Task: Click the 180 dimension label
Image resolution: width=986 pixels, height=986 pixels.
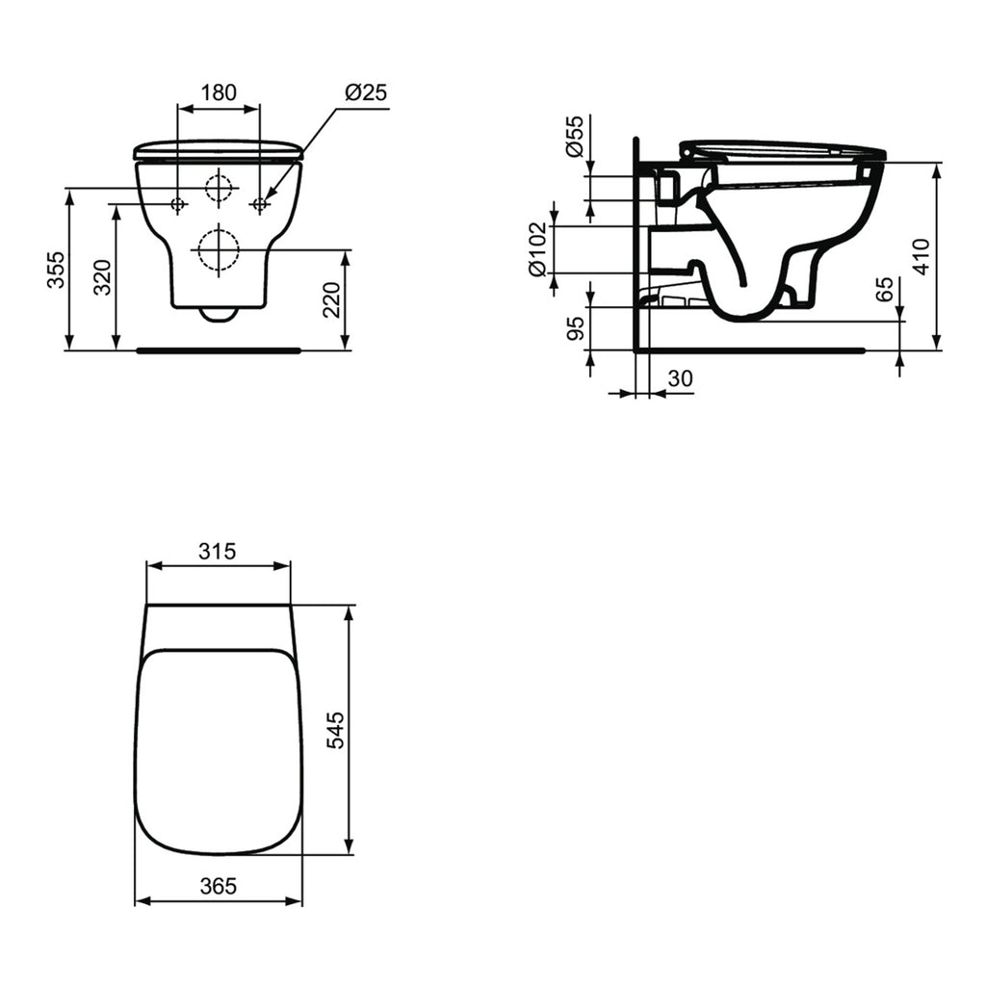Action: coord(219,92)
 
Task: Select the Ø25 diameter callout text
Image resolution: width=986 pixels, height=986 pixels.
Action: coord(365,92)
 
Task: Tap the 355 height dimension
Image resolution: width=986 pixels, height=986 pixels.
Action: coord(56,271)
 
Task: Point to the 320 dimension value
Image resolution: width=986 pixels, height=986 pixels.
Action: coord(103,277)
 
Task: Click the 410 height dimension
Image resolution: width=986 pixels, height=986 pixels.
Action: coord(922,257)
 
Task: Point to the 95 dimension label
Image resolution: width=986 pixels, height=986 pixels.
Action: coord(575,328)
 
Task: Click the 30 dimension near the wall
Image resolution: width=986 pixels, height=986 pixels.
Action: coord(680,378)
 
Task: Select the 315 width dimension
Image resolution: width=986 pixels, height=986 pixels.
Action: coord(219,552)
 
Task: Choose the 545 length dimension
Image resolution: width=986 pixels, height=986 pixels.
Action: coord(334,730)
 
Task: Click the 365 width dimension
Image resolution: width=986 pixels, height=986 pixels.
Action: coord(219,886)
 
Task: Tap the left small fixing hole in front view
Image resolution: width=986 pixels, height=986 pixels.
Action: coord(178,204)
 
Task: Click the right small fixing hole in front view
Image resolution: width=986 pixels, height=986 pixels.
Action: coord(259,204)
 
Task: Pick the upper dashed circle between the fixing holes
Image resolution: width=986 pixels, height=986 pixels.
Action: coord(219,189)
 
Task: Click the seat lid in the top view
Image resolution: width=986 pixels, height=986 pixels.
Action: coord(219,751)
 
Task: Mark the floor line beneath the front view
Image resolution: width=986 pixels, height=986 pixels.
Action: coord(219,350)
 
